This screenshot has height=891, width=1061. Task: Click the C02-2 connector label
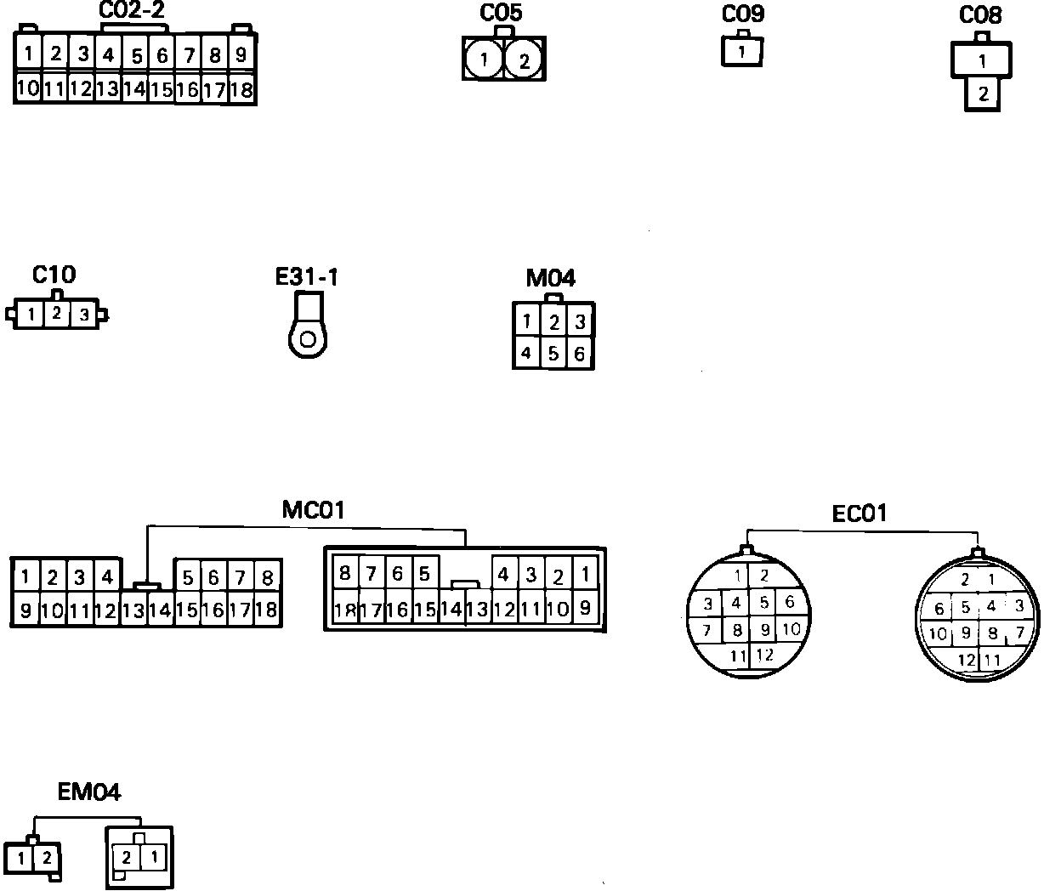point(132,10)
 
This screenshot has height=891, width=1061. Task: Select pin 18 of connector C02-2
point(241,89)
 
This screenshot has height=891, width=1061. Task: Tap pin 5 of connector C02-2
point(136,56)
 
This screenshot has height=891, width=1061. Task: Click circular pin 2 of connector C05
point(525,60)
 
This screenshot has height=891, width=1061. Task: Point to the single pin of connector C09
point(741,52)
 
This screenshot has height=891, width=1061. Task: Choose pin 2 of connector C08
point(983,94)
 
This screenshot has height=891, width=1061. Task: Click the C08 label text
point(980,15)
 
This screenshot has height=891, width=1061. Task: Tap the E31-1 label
point(306,277)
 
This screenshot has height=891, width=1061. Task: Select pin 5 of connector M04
point(553,353)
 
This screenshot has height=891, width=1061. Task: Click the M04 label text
point(551,278)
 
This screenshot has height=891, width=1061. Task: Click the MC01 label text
point(313,510)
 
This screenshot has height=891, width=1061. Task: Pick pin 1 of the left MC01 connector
point(26,578)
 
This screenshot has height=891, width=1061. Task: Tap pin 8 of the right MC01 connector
point(344,573)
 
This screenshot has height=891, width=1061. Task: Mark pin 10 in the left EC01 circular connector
point(791,630)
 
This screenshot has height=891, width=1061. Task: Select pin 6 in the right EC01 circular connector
point(939,609)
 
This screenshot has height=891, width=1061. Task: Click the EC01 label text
point(859,514)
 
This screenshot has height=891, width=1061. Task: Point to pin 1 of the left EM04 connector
point(22,857)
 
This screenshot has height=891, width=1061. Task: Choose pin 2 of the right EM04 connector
point(127,857)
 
